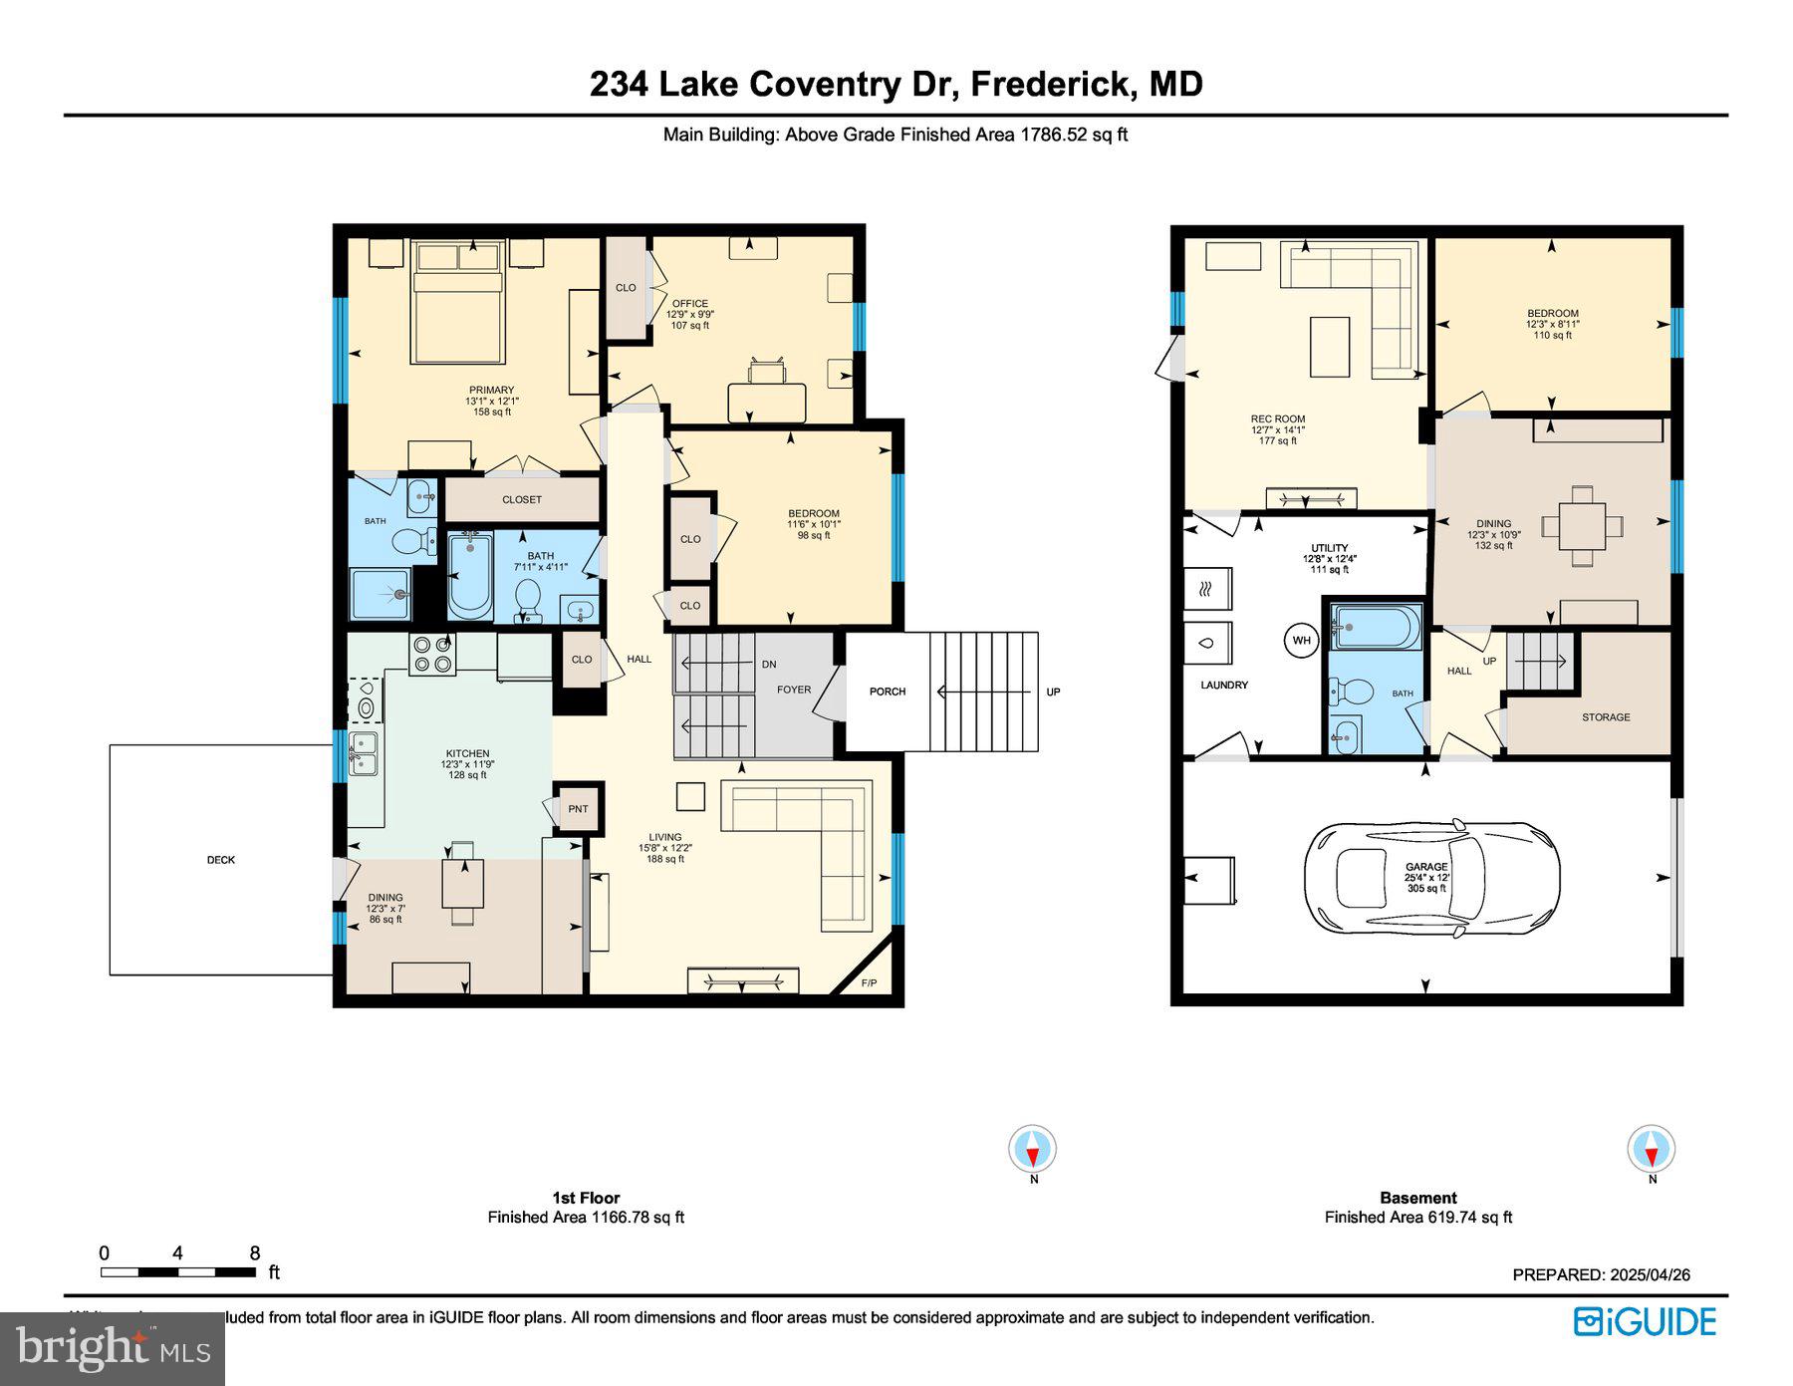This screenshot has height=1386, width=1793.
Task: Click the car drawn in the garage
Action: (x=1431, y=878)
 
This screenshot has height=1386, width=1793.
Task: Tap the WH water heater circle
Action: (x=1302, y=640)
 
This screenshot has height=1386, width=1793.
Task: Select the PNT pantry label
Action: (x=578, y=809)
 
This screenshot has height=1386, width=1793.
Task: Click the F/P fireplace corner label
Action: (x=869, y=983)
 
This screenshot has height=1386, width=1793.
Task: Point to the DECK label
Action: (x=221, y=860)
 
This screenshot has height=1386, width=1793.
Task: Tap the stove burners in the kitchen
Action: (x=432, y=654)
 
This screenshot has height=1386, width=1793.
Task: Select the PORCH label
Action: (x=887, y=692)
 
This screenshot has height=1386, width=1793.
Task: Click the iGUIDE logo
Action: (x=1645, y=1322)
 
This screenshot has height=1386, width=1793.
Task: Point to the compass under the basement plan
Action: (x=1652, y=1149)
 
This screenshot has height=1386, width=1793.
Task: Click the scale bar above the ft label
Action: (x=178, y=1272)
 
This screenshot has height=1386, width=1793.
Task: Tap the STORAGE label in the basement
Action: (x=1606, y=717)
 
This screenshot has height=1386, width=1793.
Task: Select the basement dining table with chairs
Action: (x=1582, y=525)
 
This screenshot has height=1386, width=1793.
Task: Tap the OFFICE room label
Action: (x=689, y=304)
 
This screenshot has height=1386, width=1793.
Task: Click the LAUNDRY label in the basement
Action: (x=1223, y=686)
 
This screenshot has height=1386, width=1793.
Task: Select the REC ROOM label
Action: (x=1278, y=419)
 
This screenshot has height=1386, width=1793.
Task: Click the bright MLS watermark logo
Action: (x=112, y=1349)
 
